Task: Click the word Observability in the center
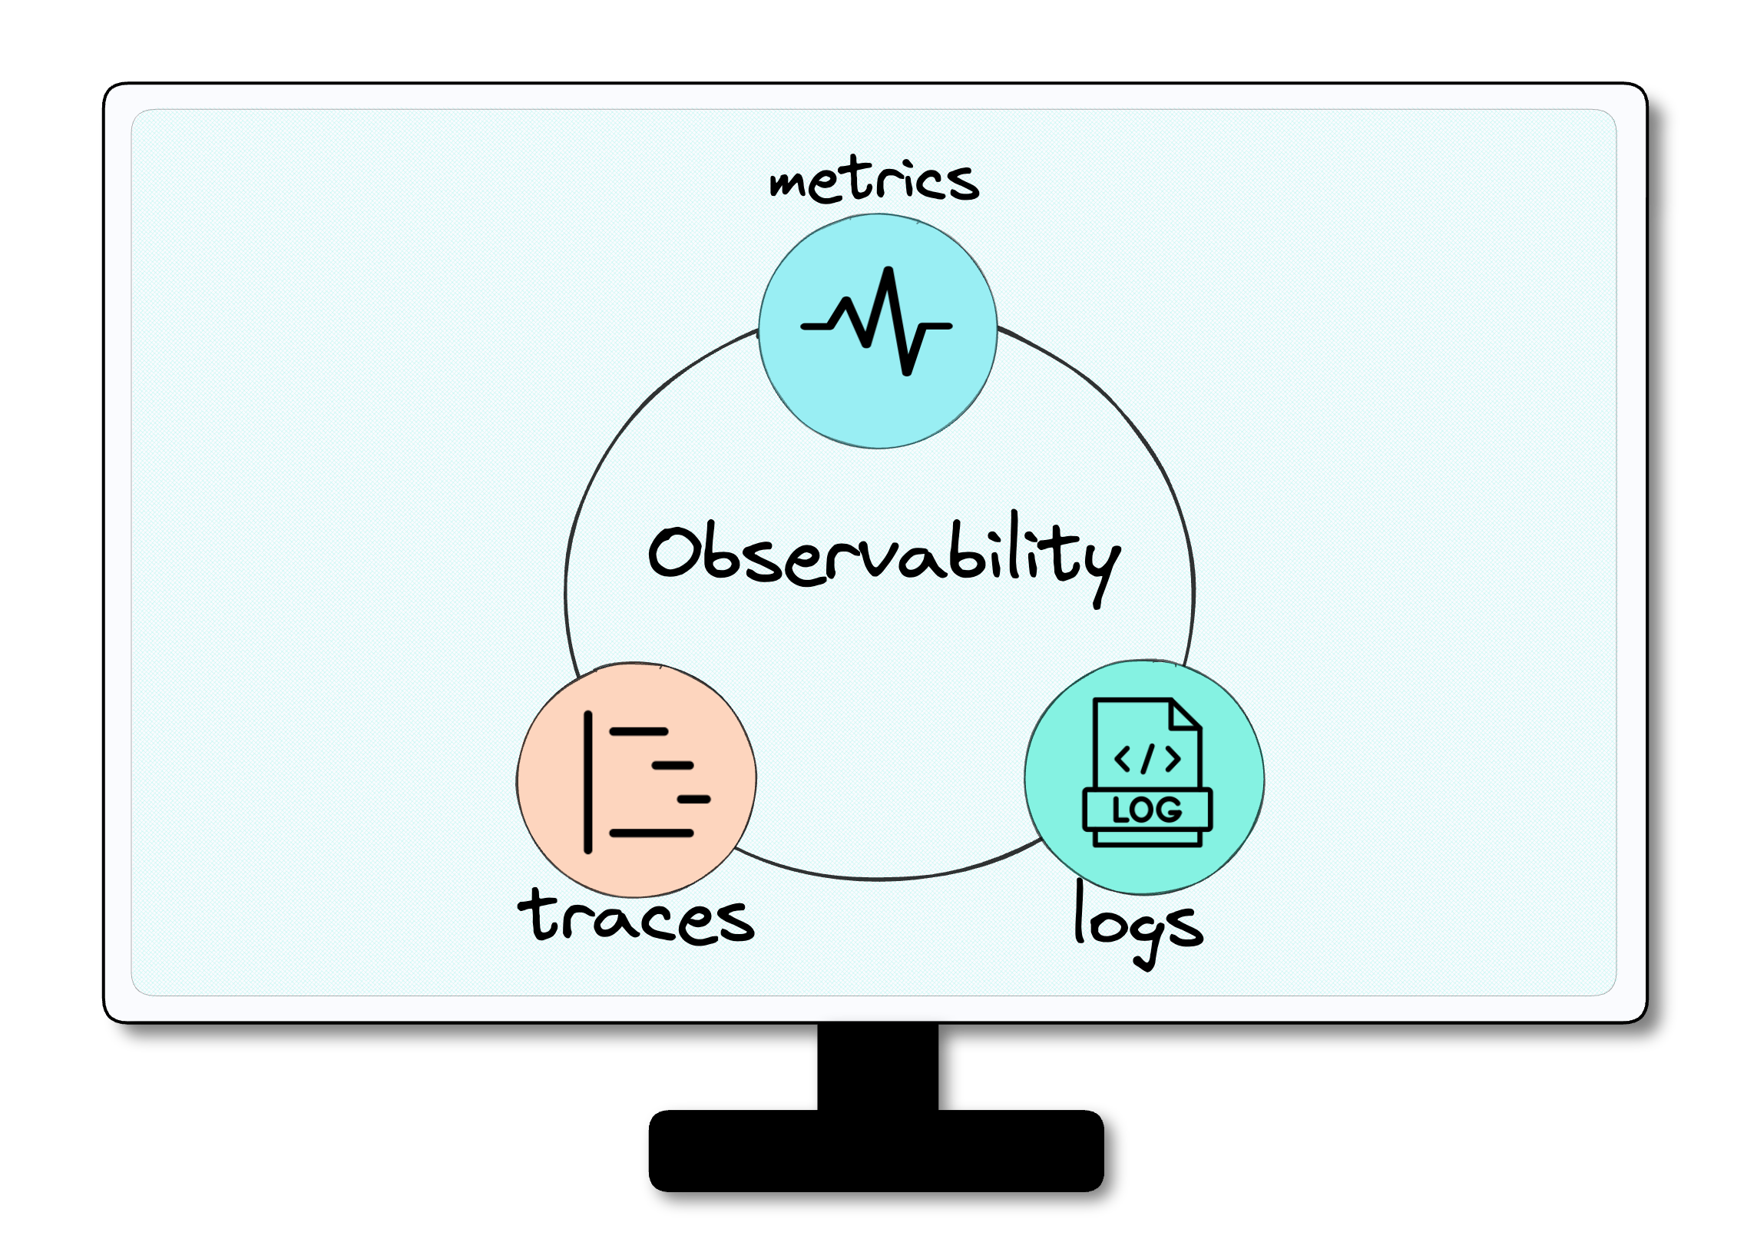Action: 885,558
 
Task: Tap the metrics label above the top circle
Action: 874,180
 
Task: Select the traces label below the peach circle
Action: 636,916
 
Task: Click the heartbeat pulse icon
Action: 876,322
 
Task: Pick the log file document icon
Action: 1147,772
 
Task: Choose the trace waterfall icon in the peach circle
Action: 647,782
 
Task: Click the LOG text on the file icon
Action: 1147,810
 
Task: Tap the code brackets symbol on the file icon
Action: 1147,759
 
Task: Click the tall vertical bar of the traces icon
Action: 588,782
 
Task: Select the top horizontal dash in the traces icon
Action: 639,731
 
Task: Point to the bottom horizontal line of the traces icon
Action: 651,833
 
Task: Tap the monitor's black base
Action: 876,1151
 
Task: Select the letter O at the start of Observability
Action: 673,552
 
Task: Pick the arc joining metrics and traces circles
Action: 615,431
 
